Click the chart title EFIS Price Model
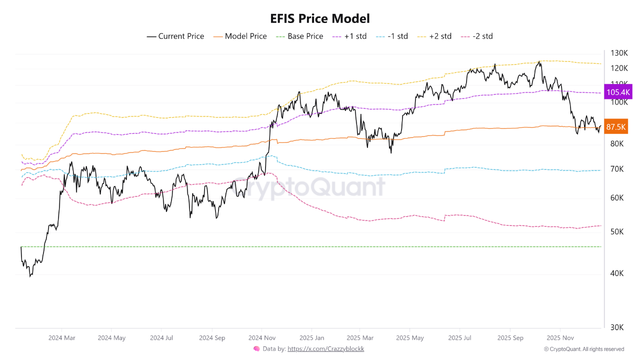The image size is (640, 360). click(x=320, y=19)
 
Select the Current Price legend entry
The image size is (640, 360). click(x=175, y=36)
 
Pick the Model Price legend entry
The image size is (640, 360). click(x=240, y=36)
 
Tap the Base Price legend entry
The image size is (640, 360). click(x=299, y=36)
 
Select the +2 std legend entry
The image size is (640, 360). click(x=435, y=36)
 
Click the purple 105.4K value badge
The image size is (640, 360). click(x=618, y=92)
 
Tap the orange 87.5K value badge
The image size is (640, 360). click(x=616, y=127)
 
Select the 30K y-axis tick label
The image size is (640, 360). click(x=617, y=327)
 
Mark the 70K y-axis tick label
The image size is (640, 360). click(x=617, y=169)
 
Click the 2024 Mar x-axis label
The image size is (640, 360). click(x=61, y=338)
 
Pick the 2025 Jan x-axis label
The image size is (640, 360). click(x=311, y=338)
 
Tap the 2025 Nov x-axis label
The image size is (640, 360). click(x=560, y=338)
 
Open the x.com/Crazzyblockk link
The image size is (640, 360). click(x=325, y=349)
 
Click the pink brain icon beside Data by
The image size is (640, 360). click(x=256, y=349)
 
